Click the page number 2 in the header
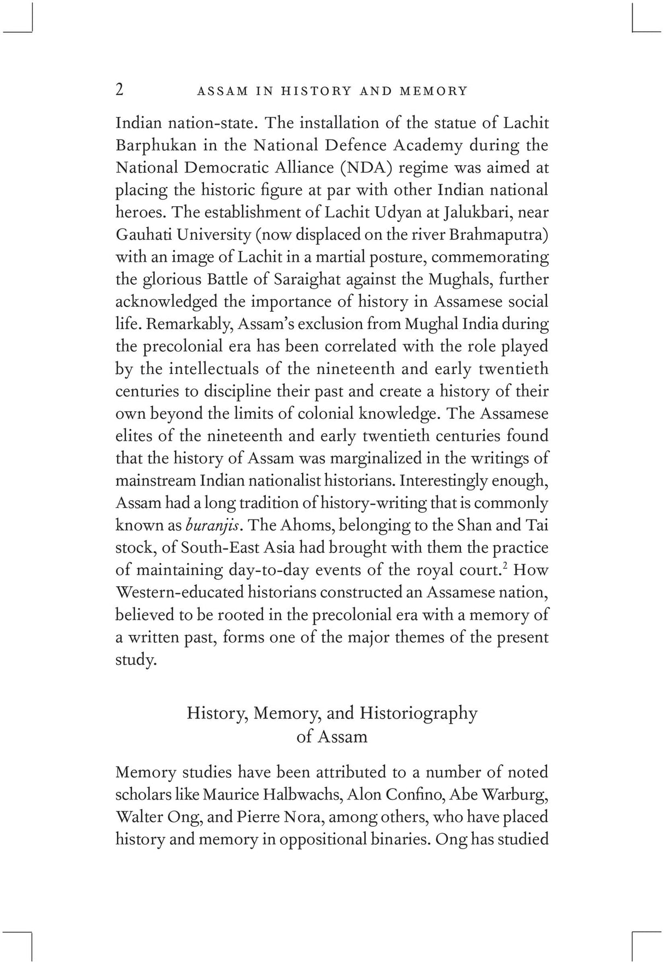[119, 90]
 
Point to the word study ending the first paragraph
[135, 660]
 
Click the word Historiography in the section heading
[418, 713]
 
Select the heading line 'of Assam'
[331, 737]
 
